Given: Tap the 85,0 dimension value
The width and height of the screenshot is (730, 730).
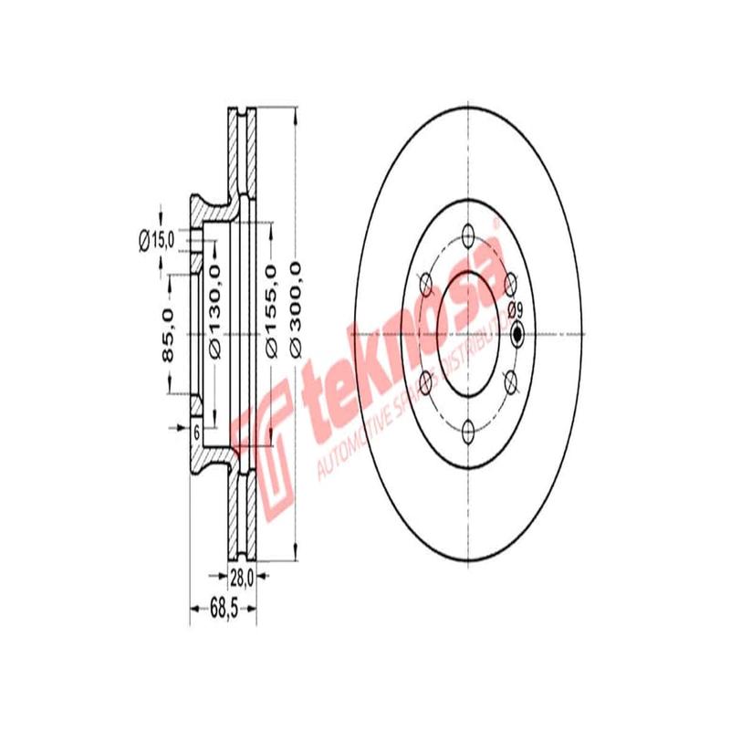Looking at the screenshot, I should [x=168, y=335].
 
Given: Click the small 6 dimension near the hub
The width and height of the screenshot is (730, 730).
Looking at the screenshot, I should [x=195, y=433].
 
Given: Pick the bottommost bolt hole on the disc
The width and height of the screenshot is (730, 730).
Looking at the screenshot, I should [x=467, y=428].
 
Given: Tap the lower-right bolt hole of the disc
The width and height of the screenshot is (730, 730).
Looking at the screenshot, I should [x=509, y=380].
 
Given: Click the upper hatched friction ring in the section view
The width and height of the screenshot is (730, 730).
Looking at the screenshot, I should [x=242, y=151].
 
